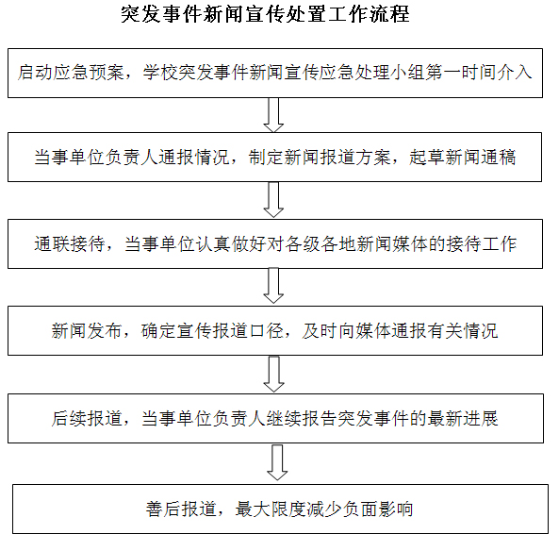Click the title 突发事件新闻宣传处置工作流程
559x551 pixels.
(265, 14)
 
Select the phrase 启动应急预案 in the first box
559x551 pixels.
(71, 73)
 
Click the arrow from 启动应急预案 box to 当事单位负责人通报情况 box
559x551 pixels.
(273, 115)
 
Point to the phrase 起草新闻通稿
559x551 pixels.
(463, 157)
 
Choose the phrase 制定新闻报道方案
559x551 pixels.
(320, 157)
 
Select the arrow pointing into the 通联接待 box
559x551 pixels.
(273, 199)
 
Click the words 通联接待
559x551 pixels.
(70, 244)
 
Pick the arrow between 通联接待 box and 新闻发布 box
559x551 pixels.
(273, 286)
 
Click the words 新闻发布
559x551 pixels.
(87, 331)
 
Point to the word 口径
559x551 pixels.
(267, 331)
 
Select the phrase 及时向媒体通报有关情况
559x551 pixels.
(400, 331)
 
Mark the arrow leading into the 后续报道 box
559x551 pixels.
(273, 374)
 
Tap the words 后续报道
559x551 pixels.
(87, 419)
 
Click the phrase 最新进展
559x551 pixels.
(463, 419)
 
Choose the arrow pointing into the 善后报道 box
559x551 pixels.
(277, 462)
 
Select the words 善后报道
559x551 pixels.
(181, 509)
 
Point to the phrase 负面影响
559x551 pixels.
(378, 509)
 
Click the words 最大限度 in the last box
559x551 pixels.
(271, 509)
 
